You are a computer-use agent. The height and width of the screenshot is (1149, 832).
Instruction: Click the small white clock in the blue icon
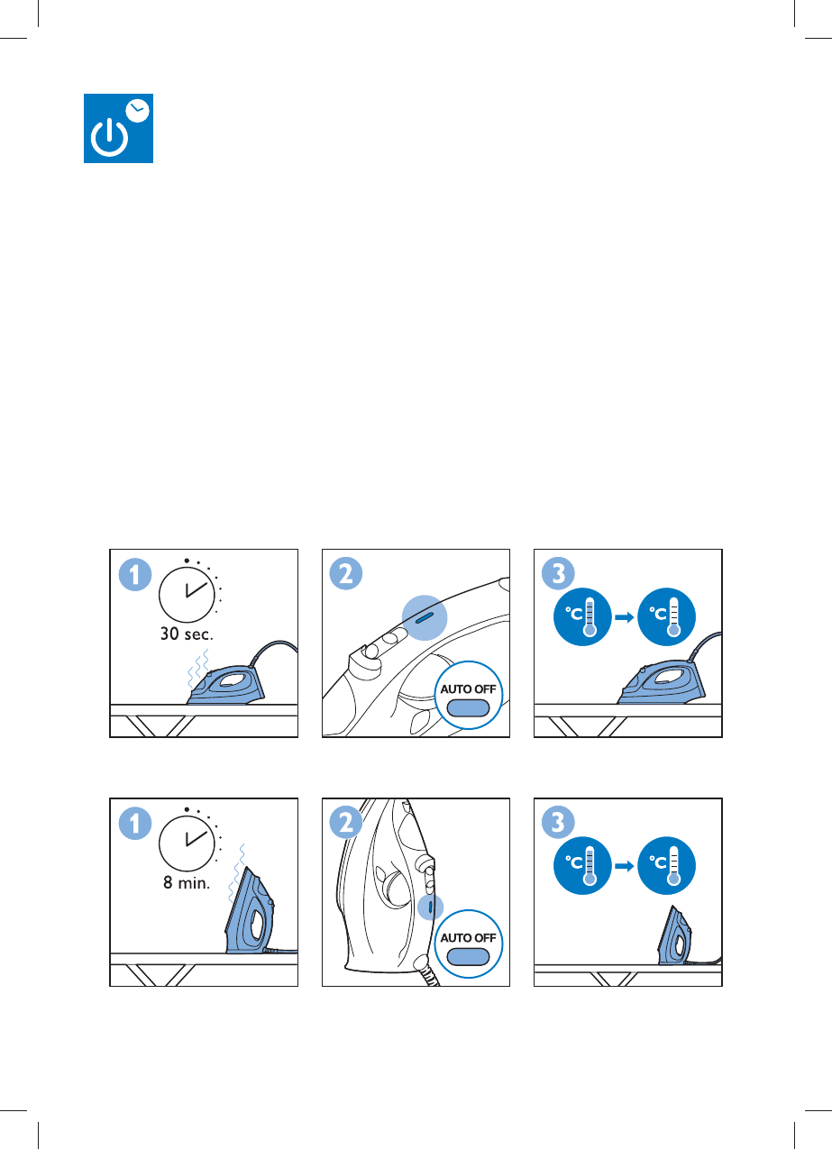tap(138, 110)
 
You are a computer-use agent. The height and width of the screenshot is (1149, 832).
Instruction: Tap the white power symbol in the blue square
tap(109, 138)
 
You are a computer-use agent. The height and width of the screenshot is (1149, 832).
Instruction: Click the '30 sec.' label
tap(187, 634)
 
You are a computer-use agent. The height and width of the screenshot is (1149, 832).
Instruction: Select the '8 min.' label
tap(187, 883)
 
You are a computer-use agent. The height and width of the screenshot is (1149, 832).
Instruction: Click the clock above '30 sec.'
tap(187, 595)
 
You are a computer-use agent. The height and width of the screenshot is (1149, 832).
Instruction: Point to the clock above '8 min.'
tap(187, 844)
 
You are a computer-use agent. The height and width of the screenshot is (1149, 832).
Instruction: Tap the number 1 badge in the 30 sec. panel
tap(135, 575)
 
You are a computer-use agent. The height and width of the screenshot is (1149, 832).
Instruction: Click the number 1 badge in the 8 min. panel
tap(135, 824)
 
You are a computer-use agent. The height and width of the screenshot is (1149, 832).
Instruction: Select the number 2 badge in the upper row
tap(346, 573)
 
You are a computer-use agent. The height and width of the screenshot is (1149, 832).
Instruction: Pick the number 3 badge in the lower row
tap(558, 822)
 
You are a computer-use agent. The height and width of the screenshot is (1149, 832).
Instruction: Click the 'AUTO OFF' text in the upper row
tap(468, 688)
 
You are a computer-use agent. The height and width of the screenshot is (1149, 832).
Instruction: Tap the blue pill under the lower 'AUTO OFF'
tap(468, 957)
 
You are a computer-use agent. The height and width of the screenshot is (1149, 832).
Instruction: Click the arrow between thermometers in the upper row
tap(625, 617)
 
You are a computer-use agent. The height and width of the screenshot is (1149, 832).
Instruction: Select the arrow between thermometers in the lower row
tap(625, 866)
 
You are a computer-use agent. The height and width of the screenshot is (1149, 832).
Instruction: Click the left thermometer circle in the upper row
tap(582, 616)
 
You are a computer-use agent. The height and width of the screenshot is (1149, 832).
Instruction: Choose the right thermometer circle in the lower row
tap(666, 865)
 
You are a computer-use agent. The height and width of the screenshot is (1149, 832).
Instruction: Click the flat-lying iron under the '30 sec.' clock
tap(225, 685)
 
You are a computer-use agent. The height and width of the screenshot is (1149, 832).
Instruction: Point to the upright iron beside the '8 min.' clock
tap(250, 910)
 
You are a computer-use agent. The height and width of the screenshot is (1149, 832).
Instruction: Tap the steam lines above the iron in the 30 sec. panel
tap(198, 667)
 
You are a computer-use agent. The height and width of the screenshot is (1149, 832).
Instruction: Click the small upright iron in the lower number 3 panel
tap(674, 935)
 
